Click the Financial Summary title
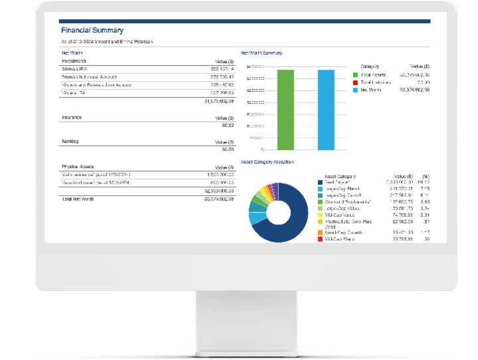(92, 31)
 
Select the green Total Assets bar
(285, 109)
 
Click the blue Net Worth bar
(326, 109)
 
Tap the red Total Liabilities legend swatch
(355, 82)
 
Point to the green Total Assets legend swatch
(355, 75)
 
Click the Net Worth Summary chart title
(261, 52)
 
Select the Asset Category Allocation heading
(267, 161)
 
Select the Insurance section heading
(72, 117)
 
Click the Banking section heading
(70, 141)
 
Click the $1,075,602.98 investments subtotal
(218, 102)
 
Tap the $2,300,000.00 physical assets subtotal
(218, 191)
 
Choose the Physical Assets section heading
(79, 167)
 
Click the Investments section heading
(74, 60)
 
